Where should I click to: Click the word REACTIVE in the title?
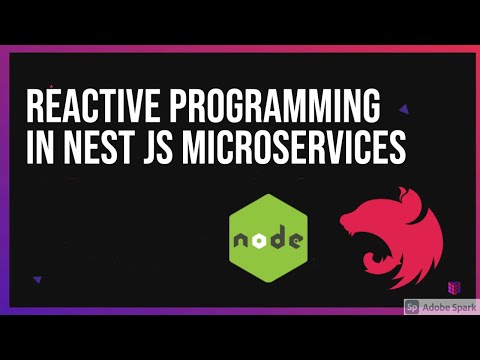coord(83,107)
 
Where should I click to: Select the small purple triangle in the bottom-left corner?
coord(37,280)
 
